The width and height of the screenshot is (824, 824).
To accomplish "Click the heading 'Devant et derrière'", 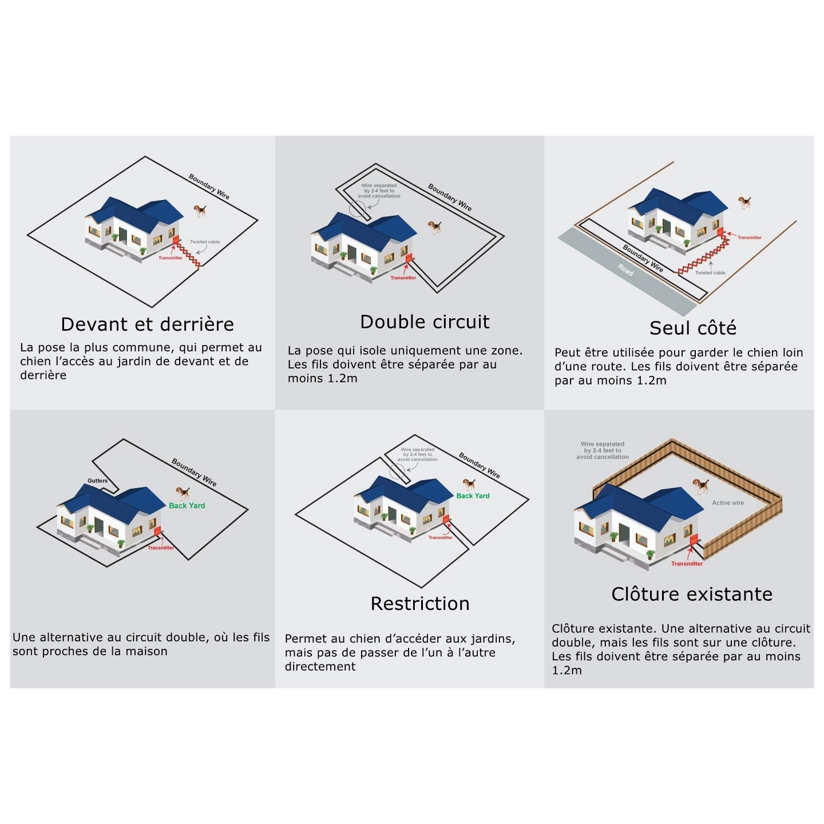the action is tap(147, 324).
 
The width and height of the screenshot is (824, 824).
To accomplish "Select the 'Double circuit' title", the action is tap(425, 322).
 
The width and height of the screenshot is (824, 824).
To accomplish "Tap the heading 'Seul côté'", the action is tap(693, 328).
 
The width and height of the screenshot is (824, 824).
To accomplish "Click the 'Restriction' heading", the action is tap(420, 603).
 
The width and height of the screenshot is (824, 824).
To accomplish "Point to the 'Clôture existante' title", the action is tap(692, 594).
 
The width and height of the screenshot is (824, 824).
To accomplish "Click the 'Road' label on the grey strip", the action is tap(625, 270).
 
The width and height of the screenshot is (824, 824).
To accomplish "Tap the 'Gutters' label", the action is tap(97, 481).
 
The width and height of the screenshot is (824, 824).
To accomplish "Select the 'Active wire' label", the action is tap(728, 503).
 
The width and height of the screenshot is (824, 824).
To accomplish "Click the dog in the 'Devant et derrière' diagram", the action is tap(200, 211).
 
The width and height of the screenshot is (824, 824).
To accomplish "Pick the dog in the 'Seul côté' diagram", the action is tap(744, 202).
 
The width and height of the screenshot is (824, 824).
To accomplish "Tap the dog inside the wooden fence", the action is tap(700, 486).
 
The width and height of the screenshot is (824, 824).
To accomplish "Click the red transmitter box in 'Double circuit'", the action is tap(409, 257).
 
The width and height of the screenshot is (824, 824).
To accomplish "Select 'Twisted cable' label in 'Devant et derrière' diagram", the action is tap(205, 241).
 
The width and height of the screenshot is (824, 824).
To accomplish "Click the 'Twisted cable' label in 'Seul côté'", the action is tap(710, 273).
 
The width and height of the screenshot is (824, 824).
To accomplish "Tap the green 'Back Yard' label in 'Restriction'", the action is tap(473, 496).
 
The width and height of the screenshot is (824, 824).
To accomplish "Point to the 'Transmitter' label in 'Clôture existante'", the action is tap(687, 564).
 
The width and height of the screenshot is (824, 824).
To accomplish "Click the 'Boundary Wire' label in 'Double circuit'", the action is tap(450, 197).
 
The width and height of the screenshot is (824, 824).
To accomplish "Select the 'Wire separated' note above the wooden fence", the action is tap(603, 450).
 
